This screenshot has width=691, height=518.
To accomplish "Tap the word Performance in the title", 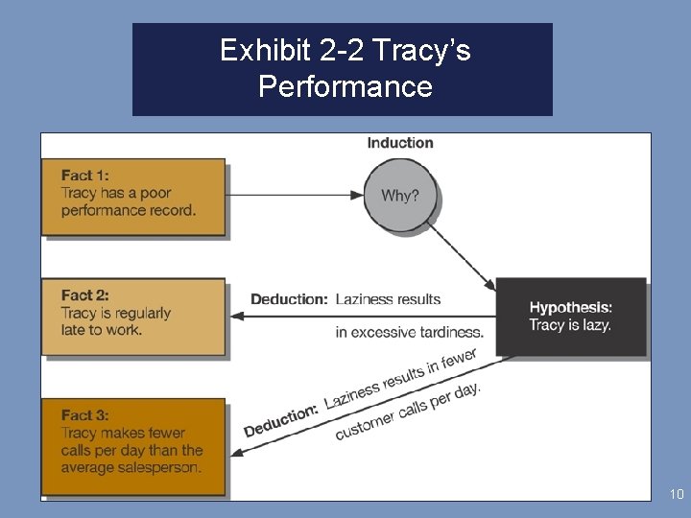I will [x=345, y=87].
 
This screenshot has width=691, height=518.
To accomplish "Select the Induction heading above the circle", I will [x=400, y=143].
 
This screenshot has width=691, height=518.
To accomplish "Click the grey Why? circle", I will [x=400, y=196].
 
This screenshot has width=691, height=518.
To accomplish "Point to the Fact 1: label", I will [x=84, y=176].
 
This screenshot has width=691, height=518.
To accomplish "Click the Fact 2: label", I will [x=84, y=295].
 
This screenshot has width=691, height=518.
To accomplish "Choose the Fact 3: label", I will [x=84, y=415].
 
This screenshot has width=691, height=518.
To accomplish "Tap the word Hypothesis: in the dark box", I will [x=570, y=308].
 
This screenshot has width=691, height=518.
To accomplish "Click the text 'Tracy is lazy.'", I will [x=569, y=325].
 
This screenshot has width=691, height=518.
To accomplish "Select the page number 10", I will [x=677, y=495].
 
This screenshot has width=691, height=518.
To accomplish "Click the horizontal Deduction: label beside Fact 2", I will [x=289, y=299].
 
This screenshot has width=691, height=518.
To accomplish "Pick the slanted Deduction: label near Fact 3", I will [x=280, y=420].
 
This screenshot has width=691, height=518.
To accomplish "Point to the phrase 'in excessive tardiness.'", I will [x=410, y=333].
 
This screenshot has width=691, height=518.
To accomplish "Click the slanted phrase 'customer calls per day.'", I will [x=408, y=412].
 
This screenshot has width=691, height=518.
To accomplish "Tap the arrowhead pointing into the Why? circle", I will [x=358, y=196].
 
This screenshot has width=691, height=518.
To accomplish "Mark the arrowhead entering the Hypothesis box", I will [x=489, y=285].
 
